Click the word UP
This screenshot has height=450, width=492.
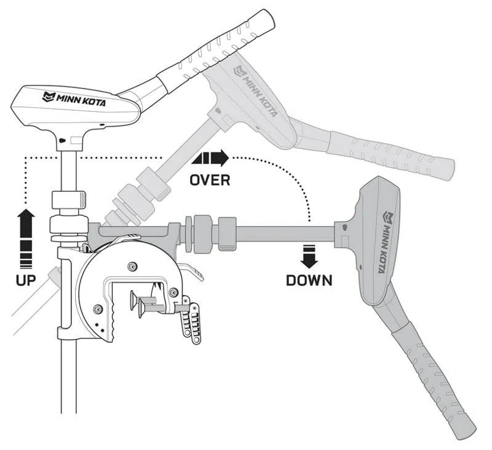point(25,279)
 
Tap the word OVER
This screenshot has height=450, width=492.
point(210,180)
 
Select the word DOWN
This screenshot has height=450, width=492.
point(309,280)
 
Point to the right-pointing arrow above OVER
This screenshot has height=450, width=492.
point(211,159)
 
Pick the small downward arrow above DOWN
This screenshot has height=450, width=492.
point(309,256)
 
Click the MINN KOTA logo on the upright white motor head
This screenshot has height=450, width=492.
point(74,98)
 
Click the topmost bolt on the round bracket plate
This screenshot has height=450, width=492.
point(132,265)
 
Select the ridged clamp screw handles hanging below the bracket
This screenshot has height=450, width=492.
point(191,320)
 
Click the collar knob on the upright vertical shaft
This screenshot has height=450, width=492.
point(68,200)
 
